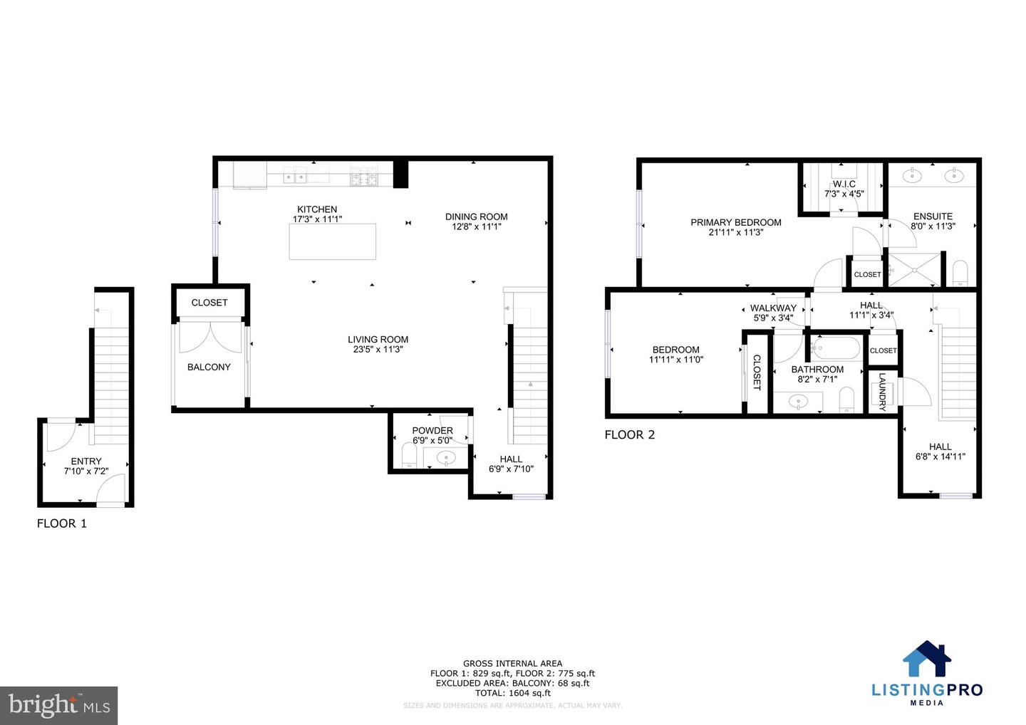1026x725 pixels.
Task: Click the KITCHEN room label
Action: pos(317,209)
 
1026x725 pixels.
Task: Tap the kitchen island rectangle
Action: pos(333,241)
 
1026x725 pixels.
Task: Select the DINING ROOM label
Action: pos(476,217)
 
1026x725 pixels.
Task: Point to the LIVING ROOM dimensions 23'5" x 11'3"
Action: pos(378,350)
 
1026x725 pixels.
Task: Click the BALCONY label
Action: pos(209,367)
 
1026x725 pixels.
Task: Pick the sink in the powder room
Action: pos(447,458)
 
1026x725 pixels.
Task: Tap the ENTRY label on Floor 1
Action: pos(86,461)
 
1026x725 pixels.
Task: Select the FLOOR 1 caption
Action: pos(62,523)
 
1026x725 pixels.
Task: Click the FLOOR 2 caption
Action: pos(629,434)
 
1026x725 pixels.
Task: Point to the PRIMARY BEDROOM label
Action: pos(735,222)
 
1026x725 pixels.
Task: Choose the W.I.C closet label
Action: pos(844,184)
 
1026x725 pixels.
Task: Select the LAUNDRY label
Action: pos(882,392)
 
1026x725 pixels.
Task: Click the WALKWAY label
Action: pos(773,308)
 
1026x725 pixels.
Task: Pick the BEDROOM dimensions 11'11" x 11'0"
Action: pos(675,360)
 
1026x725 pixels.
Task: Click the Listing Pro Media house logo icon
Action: pos(927,659)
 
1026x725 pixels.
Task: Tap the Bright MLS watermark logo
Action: pos(58,705)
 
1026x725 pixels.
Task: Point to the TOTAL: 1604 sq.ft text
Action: pos(512,693)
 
